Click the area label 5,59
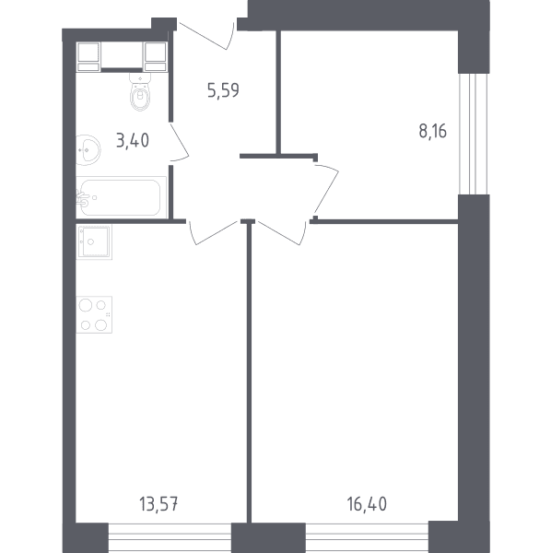[223, 90]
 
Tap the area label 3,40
[133, 140]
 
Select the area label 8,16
[432, 131]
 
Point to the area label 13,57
[158, 503]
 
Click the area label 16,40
[367, 503]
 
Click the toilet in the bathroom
[140, 91]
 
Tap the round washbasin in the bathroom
[88, 150]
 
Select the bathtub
[121, 197]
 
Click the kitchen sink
[94, 241]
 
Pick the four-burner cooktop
[94, 314]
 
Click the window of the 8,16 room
[474, 134]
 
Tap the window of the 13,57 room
[170, 538]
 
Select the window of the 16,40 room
[367, 538]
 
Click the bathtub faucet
[84, 198]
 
